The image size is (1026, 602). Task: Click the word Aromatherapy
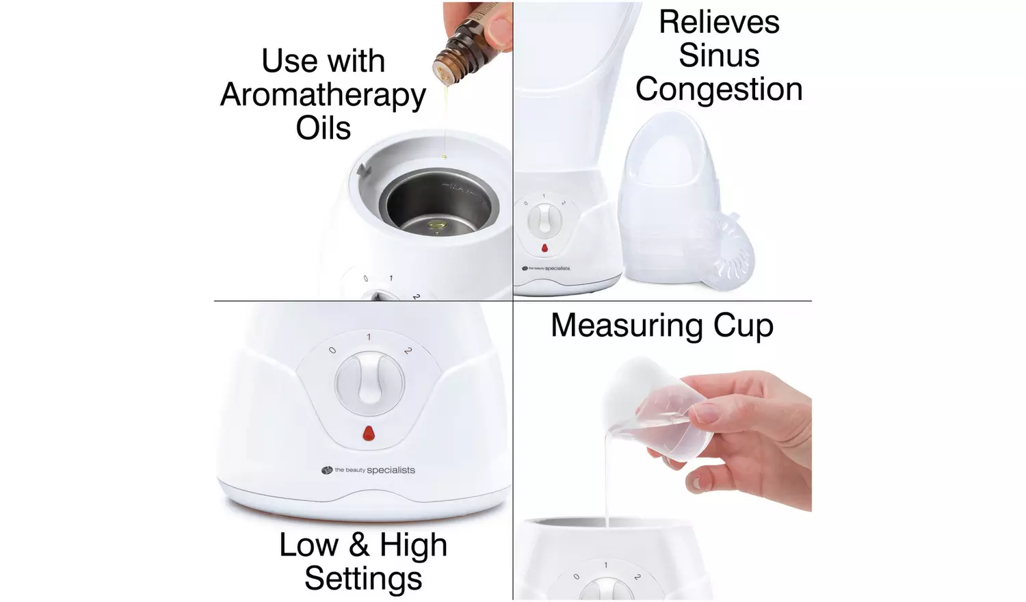point(323,95)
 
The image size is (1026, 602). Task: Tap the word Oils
point(323,128)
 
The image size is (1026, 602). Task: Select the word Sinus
point(718,55)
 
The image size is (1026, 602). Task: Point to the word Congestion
point(718,89)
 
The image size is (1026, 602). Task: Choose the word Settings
point(363,578)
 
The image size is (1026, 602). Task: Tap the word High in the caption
point(413,545)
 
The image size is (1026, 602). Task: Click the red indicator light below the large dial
point(369,433)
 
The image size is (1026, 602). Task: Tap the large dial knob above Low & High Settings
point(369,383)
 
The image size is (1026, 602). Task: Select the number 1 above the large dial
point(369,337)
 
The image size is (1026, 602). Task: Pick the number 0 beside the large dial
point(332,350)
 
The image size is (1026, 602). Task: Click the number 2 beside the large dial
point(408,351)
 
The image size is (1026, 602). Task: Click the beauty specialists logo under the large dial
point(369,470)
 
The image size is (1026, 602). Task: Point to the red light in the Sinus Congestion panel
point(544,248)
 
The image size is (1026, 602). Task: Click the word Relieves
point(718,22)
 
